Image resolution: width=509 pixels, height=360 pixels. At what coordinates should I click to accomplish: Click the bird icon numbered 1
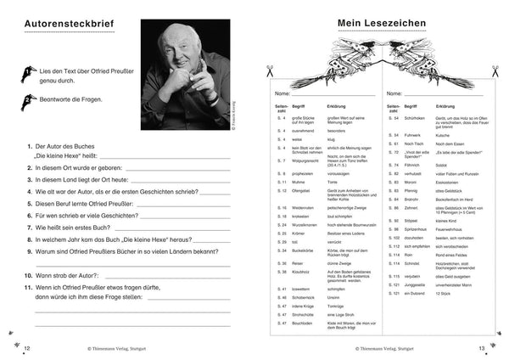21,74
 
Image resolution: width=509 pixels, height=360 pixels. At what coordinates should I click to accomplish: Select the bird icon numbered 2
21,99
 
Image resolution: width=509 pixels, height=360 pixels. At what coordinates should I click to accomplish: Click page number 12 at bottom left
26,348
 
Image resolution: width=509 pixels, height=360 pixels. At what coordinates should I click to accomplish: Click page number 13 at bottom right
481,348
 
